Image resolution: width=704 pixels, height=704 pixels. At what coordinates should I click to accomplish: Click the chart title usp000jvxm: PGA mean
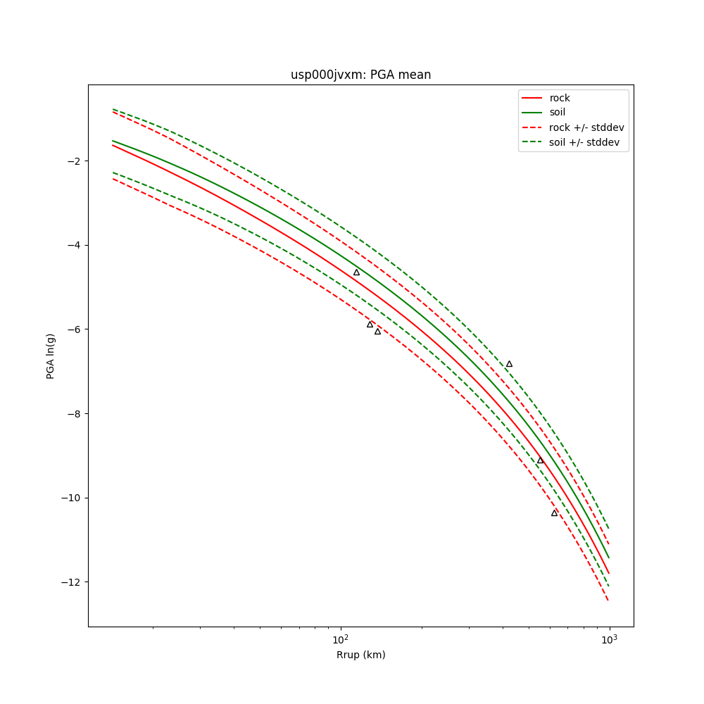click(x=360, y=75)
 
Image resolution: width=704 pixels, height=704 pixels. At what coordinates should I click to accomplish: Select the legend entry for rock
click(x=560, y=98)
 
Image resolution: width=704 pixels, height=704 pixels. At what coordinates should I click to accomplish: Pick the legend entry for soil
click(x=558, y=113)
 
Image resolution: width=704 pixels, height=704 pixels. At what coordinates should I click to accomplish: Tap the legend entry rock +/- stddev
click(x=586, y=127)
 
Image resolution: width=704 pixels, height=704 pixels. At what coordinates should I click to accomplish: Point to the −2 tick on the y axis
click(x=73, y=161)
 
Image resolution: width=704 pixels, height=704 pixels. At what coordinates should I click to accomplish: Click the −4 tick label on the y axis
click(x=73, y=245)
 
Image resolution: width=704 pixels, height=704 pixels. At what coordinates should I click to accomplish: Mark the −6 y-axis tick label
click(x=73, y=329)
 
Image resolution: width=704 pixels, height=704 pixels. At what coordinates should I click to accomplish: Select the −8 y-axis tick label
click(x=73, y=414)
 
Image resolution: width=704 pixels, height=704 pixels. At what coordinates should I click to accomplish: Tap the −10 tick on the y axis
click(x=70, y=498)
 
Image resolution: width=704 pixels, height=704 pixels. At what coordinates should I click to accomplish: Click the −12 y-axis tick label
click(x=70, y=582)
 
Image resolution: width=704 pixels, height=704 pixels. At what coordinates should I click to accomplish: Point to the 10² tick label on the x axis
click(x=341, y=639)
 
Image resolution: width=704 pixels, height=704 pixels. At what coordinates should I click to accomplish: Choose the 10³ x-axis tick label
click(x=609, y=639)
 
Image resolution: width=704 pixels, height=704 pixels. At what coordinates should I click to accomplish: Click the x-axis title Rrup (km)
click(x=360, y=655)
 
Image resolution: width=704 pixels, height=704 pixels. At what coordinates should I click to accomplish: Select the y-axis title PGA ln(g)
click(x=51, y=356)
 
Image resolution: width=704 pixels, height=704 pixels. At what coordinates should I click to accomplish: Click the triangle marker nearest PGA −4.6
click(x=356, y=272)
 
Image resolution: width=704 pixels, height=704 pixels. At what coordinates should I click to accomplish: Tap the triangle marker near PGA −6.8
click(x=509, y=364)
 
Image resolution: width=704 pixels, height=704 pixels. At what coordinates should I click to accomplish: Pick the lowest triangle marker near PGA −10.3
click(x=554, y=513)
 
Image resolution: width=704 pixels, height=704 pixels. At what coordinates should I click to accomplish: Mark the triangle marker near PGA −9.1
click(x=540, y=460)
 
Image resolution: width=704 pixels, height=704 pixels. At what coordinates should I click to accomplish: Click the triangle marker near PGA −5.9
click(x=370, y=325)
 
